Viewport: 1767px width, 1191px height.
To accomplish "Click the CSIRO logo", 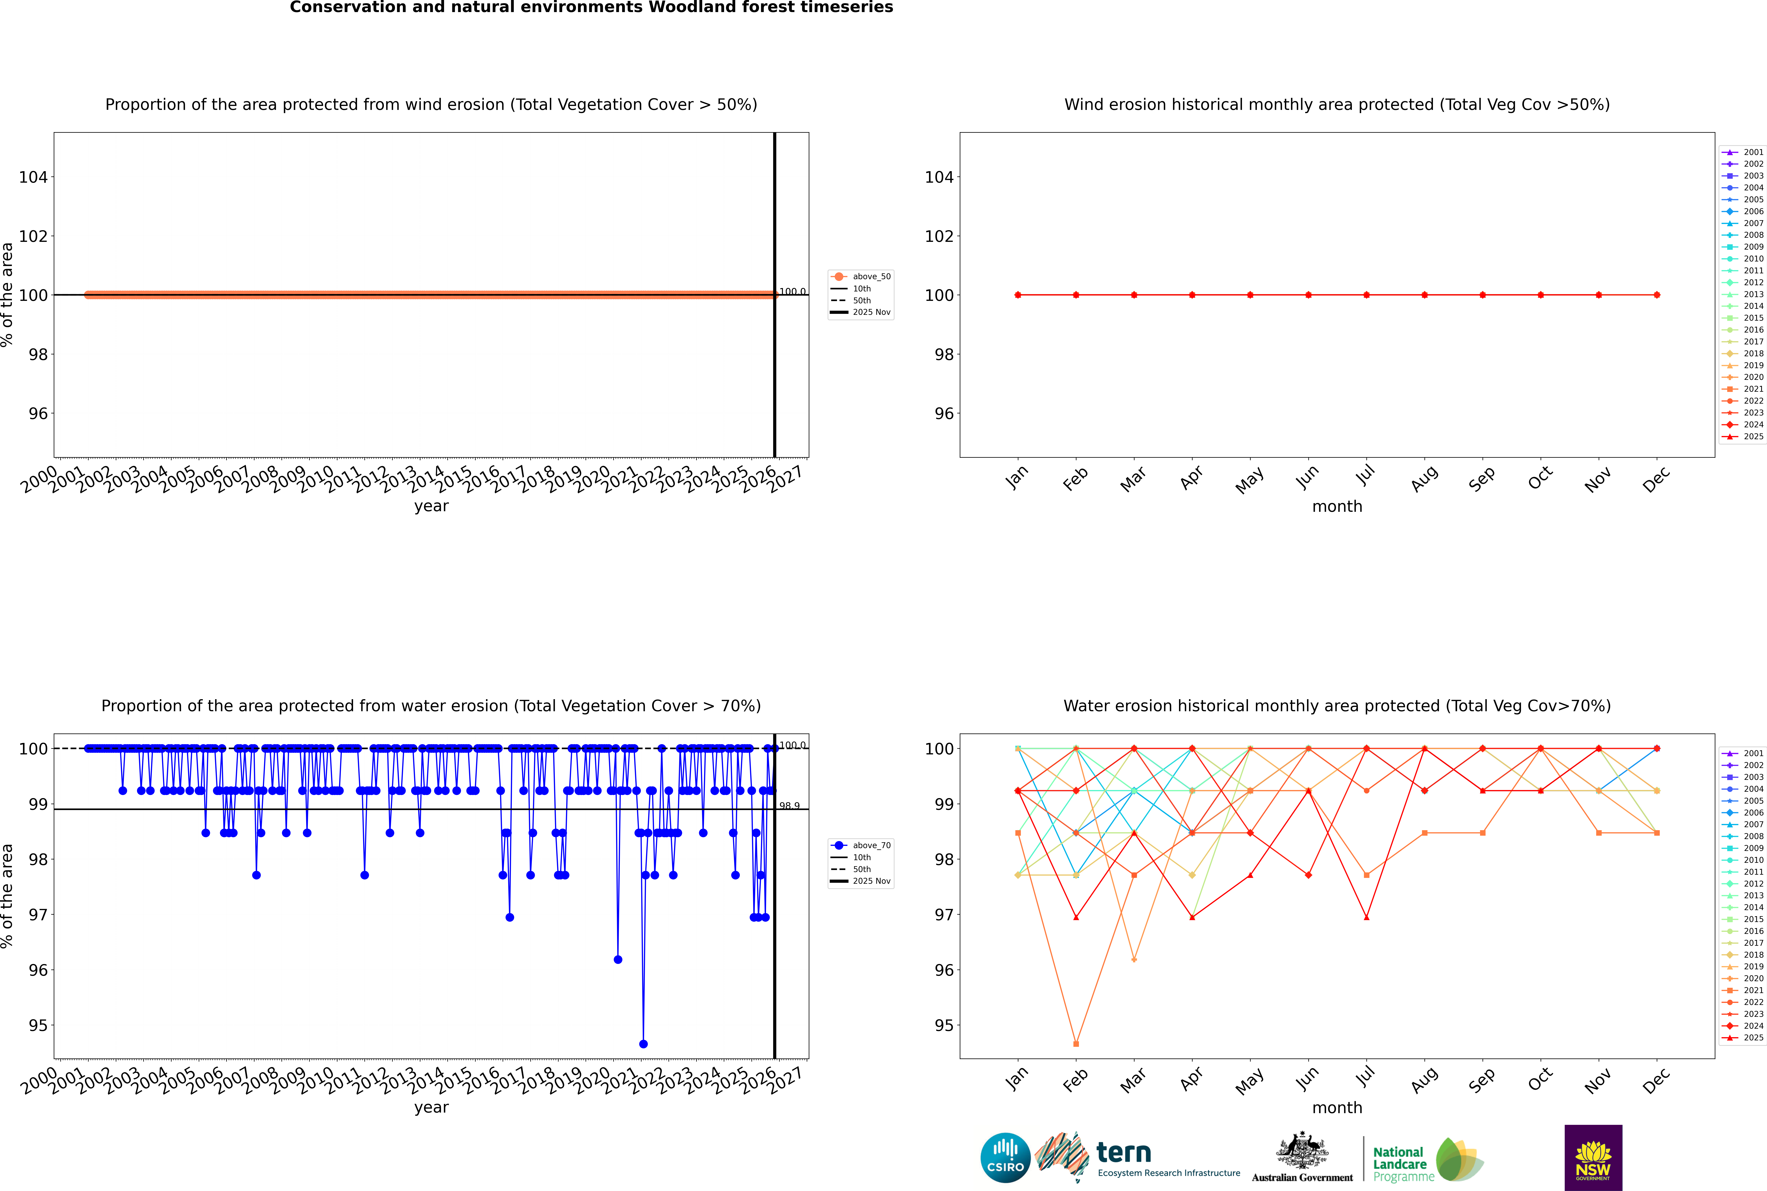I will click(x=1005, y=1158).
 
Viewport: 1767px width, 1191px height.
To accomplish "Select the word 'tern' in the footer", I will click(x=1124, y=1153).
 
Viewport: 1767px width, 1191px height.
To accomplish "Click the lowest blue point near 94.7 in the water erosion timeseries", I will click(x=643, y=1044).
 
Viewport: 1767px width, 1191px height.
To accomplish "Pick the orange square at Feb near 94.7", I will click(x=1076, y=1044).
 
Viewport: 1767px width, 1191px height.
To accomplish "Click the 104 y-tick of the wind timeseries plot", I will click(x=33, y=177).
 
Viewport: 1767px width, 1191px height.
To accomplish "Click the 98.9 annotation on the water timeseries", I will click(x=789, y=806).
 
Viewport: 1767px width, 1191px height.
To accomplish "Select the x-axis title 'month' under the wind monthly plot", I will click(x=1337, y=507).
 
